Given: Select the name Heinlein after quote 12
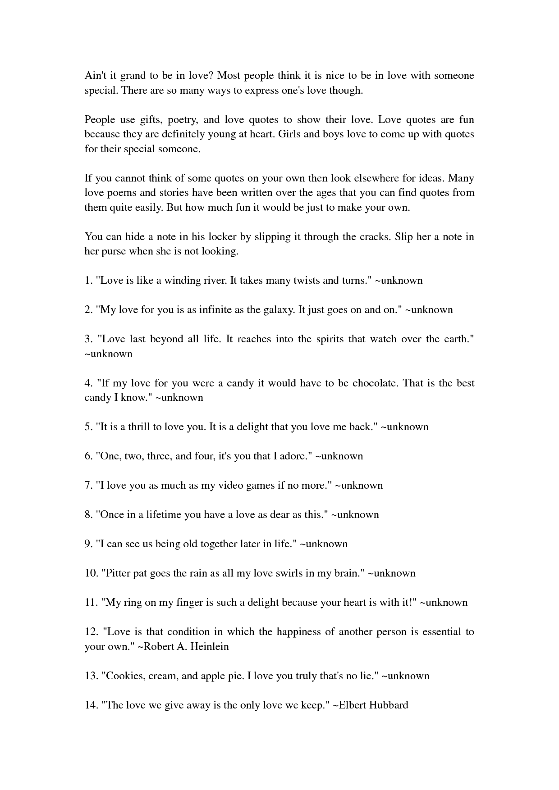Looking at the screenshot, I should pyautogui.click(x=209, y=647).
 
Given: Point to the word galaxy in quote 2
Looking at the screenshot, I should pyautogui.click(x=280, y=310).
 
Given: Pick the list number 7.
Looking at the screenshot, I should pyautogui.click(x=88, y=486).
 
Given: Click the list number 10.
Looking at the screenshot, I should pyautogui.click(x=91, y=573).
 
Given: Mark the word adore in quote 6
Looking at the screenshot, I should pyautogui.click(x=295, y=456).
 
